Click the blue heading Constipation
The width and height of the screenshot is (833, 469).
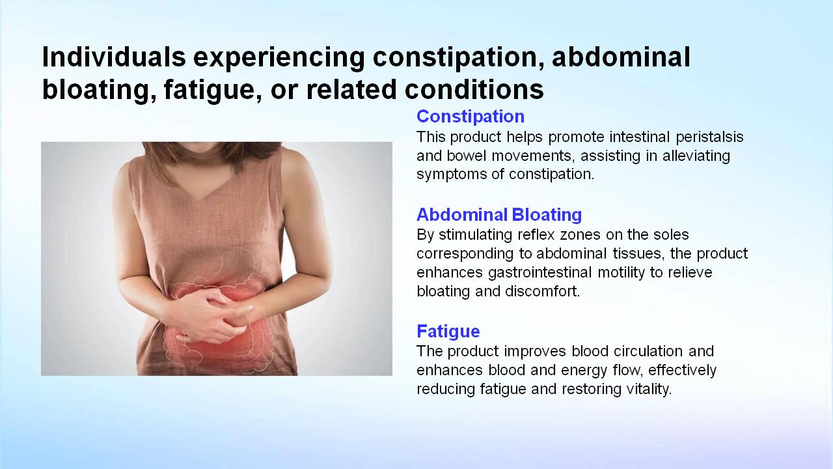click(x=471, y=117)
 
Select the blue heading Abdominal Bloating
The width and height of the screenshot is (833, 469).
click(x=499, y=214)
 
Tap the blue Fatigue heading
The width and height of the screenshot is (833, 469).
click(x=448, y=332)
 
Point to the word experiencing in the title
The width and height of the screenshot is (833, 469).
click(x=279, y=58)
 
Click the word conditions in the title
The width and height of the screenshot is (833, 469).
click(x=474, y=89)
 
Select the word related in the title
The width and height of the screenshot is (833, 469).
click(x=351, y=89)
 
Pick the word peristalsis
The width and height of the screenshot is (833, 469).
click(x=709, y=137)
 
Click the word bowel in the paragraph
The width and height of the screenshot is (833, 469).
click(x=467, y=156)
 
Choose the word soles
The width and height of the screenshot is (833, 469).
click(x=672, y=235)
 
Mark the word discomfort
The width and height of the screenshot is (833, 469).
click(x=543, y=291)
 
